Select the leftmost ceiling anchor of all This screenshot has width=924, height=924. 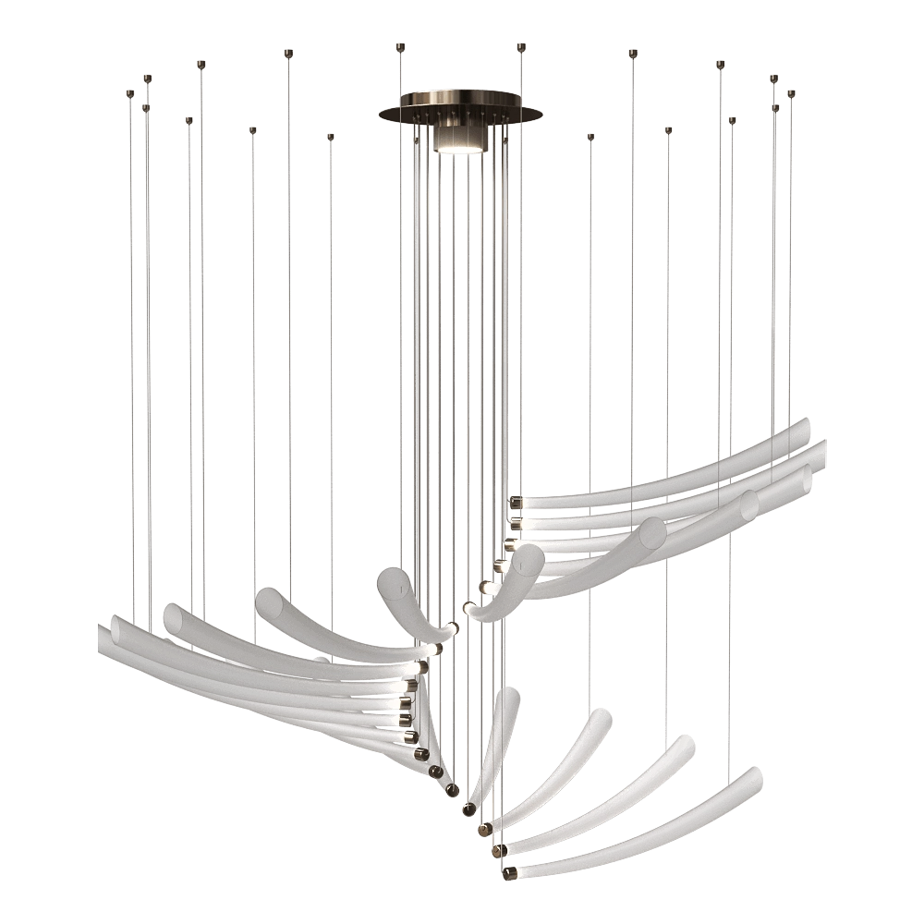tap(130, 93)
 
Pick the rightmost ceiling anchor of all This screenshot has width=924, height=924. tap(792, 93)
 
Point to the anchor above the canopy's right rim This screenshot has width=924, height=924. tap(521, 43)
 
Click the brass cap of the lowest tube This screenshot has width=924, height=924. tap(510, 870)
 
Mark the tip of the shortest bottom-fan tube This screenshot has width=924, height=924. tap(511, 692)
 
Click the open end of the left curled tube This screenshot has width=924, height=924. tap(390, 579)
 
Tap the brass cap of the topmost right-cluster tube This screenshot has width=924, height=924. tap(515, 503)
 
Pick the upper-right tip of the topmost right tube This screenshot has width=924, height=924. tap(806, 423)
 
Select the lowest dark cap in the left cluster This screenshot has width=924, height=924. tap(450, 790)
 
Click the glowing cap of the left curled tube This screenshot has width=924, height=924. tap(451, 630)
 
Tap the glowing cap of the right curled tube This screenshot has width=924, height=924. tap(471, 609)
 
